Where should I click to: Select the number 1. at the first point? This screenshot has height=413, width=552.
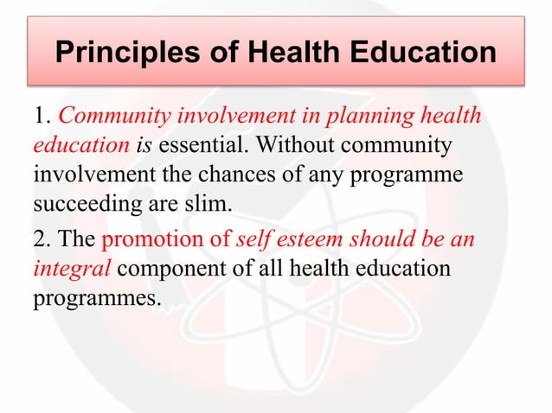point(42,115)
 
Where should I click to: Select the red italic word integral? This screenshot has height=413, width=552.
point(72,269)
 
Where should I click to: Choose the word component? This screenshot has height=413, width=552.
point(169,269)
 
